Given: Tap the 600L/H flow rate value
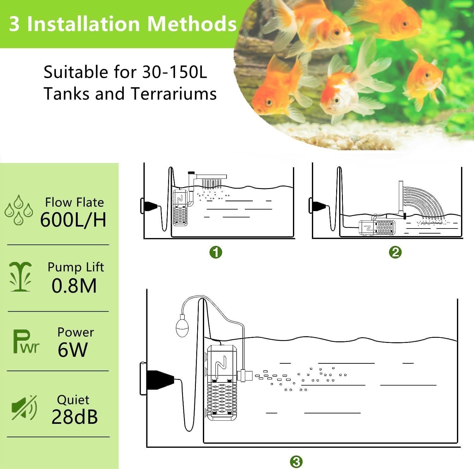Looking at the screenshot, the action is pyautogui.click(x=73, y=219).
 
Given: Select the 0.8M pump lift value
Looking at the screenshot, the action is pyautogui.click(x=74, y=286).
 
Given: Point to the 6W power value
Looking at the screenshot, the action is pyautogui.click(x=72, y=350).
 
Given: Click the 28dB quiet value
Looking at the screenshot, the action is pyautogui.click(x=75, y=417).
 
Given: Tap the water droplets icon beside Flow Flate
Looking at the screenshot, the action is pyautogui.click(x=19, y=210).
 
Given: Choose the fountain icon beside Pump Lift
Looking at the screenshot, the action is pyautogui.click(x=21, y=277).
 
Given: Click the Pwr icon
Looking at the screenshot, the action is pyautogui.click(x=26, y=342).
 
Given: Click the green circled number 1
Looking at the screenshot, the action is pyautogui.click(x=216, y=252).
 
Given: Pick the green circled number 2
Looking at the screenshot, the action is pyautogui.click(x=395, y=252).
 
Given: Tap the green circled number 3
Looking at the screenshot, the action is pyautogui.click(x=296, y=462).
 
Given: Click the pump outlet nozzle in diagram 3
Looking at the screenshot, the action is pyautogui.click(x=245, y=375).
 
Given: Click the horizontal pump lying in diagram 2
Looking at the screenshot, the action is pyautogui.click(x=377, y=227).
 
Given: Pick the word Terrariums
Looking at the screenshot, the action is pyautogui.click(x=173, y=94).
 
